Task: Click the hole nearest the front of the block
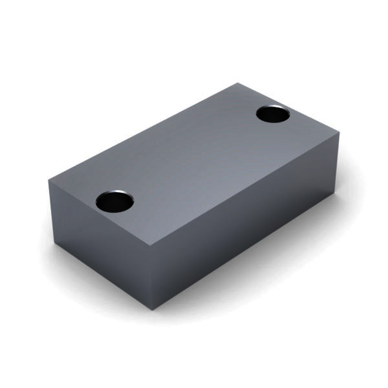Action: click(x=115, y=201)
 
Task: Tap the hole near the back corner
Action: click(x=273, y=114)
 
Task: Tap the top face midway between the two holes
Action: click(x=194, y=158)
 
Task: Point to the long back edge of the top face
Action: click(x=142, y=130)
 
